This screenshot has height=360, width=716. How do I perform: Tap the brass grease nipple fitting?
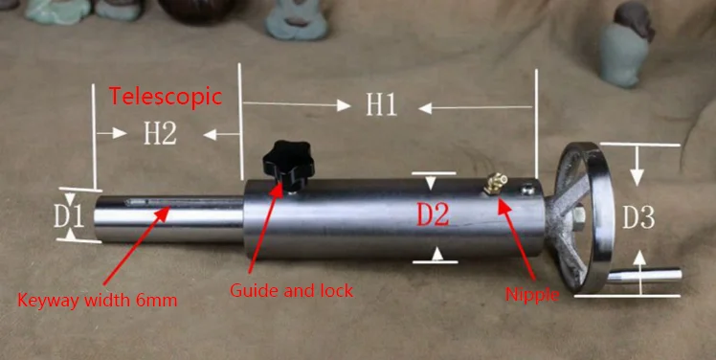tap(497, 180)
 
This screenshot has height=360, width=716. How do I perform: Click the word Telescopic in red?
tap(166, 96)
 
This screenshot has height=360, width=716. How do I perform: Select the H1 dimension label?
tap(381, 104)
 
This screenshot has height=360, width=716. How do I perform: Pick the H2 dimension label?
tap(160, 133)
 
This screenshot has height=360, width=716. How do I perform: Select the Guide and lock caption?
tap(293, 289)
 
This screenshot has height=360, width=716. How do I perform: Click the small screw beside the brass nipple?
tap(524, 190)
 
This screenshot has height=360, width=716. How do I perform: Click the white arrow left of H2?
tap(113, 133)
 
